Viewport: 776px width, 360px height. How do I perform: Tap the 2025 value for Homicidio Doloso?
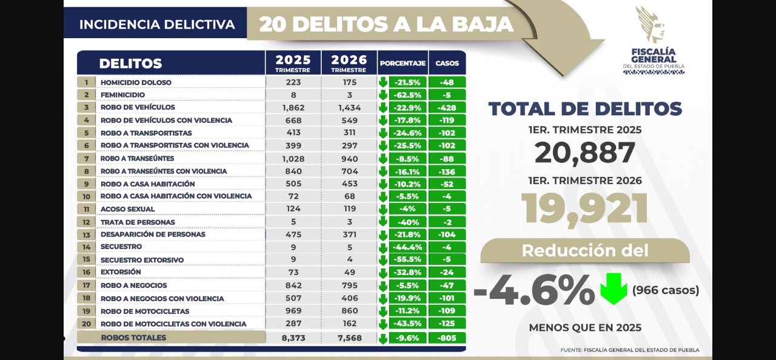[x=293, y=82]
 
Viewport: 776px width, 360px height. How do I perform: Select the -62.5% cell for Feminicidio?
[x=407, y=95]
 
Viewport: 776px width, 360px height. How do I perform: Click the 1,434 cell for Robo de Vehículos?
[x=349, y=107]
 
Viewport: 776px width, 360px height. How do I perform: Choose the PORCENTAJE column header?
[x=402, y=63]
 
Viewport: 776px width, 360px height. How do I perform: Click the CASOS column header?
[x=447, y=63]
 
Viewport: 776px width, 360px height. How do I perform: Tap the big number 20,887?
[x=584, y=153]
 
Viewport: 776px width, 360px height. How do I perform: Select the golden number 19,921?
[x=584, y=209]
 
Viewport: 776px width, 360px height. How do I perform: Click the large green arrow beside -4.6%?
[x=614, y=289]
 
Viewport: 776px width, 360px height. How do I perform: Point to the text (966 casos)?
[x=665, y=290]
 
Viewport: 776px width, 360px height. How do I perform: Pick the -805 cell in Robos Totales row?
[x=447, y=338]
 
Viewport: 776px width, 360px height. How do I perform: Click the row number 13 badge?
[x=87, y=235]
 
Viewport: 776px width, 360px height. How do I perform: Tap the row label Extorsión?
[x=121, y=272]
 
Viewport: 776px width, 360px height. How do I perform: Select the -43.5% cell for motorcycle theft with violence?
[x=407, y=324]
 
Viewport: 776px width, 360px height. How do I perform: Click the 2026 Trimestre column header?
[x=349, y=63]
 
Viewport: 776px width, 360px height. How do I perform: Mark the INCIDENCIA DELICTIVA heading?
[x=156, y=25]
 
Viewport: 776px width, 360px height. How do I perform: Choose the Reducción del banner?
[x=584, y=250]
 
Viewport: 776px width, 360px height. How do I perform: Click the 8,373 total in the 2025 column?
[x=293, y=338]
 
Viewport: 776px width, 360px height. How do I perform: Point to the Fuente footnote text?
[x=629, y=350]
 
